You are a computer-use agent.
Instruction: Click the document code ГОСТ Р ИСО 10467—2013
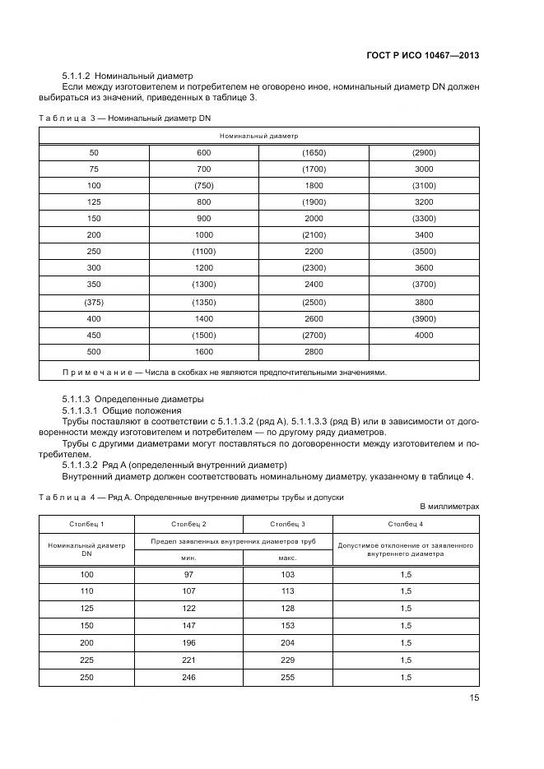422,56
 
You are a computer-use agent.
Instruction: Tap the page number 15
473,697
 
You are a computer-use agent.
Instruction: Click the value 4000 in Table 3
423,335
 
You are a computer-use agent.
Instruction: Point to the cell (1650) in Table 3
314,152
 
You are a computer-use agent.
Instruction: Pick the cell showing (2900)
423,152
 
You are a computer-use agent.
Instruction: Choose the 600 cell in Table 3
203,152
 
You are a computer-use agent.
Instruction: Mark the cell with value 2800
314,351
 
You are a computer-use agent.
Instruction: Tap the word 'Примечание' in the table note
95,372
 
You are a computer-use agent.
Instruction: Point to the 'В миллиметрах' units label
449,507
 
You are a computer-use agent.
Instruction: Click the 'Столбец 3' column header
286,523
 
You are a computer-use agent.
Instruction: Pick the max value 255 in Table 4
286,677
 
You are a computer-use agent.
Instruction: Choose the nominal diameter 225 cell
86,660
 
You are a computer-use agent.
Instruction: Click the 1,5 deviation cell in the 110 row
405,591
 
